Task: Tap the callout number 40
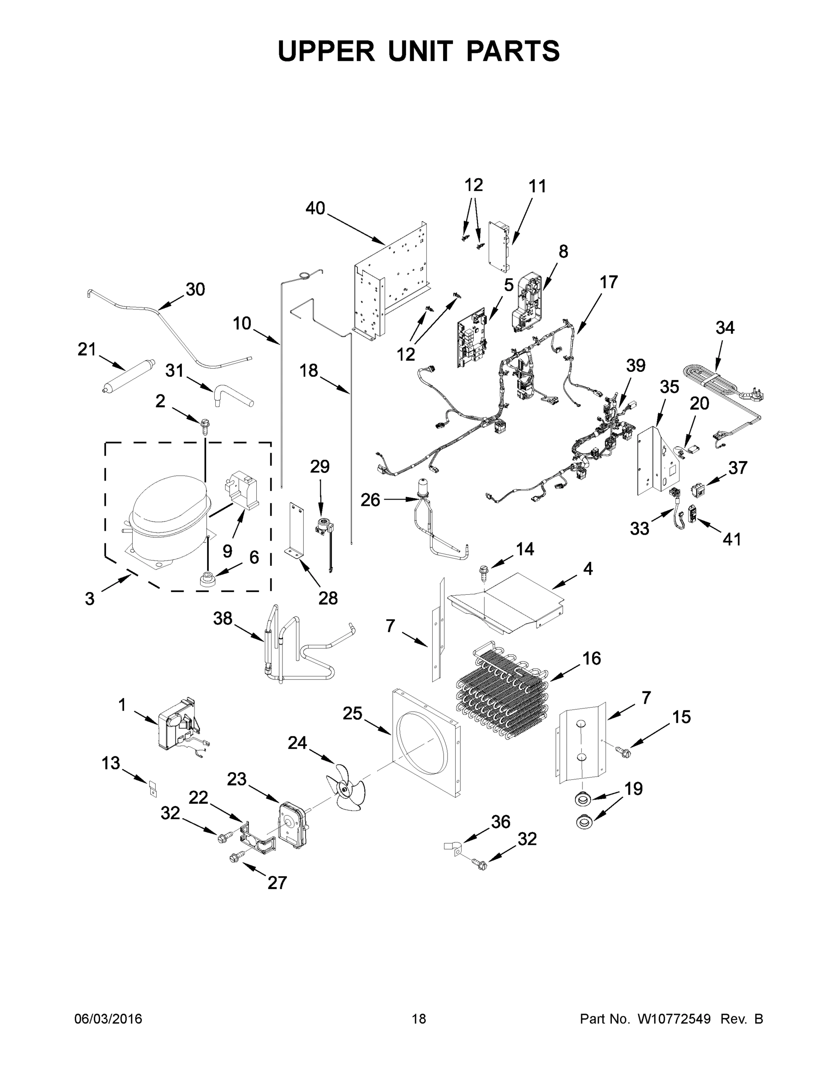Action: click(315, 209)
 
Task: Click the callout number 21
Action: click(87, 350)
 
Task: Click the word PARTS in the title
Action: click(512, 51)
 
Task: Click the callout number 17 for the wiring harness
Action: click(608, 282)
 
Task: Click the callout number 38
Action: click(222, 618)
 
